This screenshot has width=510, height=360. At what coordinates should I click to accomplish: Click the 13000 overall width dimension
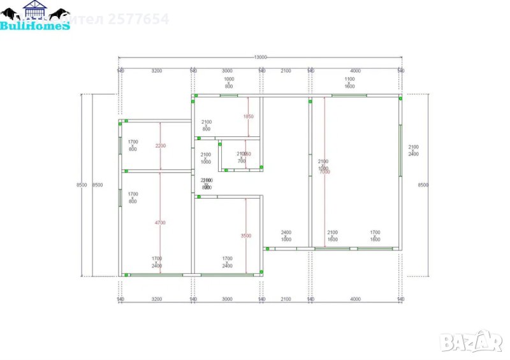click(x=260, y=57)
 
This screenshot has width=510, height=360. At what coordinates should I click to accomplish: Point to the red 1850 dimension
click(x=248, y=117)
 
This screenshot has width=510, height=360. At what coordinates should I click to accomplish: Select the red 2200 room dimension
click(x=160, y=146)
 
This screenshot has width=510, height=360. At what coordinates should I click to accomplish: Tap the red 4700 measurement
click(x=160, y=222)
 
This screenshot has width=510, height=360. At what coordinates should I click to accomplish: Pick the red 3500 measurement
click(x=246, y=236)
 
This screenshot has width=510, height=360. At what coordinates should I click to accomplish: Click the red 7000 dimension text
click(x=324, y=172)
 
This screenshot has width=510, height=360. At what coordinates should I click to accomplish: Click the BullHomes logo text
click(x=35, y=26)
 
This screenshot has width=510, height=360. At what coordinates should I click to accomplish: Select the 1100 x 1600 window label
click(x=349, y=82)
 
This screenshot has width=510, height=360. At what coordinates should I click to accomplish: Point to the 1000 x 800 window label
click(x=228, y=82)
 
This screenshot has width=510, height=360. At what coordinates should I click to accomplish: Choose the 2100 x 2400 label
click(x=413, y=150)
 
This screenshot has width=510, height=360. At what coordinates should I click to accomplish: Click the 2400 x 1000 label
click(x=286, y=236)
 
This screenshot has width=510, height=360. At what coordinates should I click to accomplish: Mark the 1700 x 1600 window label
click(x=375, y=236)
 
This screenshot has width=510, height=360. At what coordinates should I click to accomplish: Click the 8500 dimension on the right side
click(x=423, y=185)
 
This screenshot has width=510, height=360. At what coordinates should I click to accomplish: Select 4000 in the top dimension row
click(x=356, y=71)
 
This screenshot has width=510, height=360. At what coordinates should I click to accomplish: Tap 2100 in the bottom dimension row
click(x=286, y=299)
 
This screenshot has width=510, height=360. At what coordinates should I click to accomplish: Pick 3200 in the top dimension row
click(x=156, y=71)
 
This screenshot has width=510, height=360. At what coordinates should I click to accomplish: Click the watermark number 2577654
click(x=139, y=19)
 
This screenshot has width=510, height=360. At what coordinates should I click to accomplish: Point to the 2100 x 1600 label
click(x=332, y=236)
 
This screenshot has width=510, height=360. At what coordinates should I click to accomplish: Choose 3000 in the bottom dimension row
click(x=227, y=299)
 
